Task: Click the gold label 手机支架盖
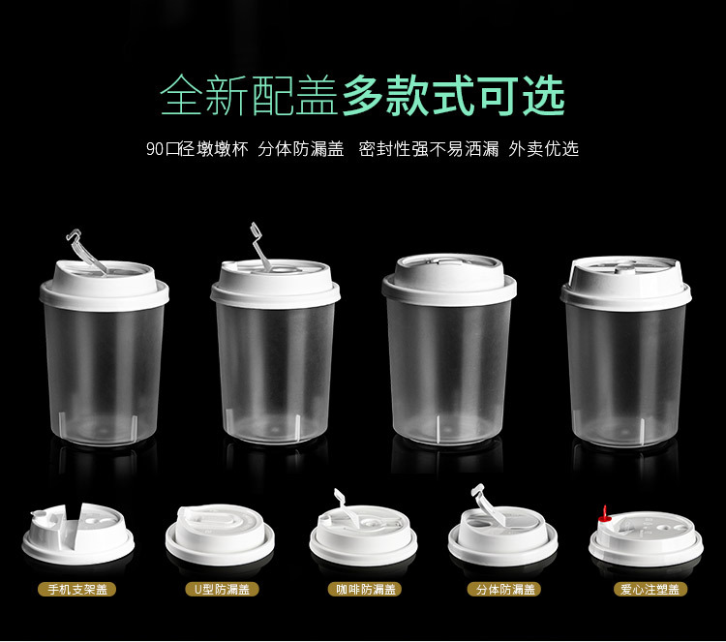point(76,589)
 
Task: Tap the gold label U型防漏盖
point(222,589)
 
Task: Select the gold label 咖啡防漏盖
point(365,589)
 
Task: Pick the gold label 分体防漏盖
point(505,589)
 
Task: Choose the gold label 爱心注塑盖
point(650,589)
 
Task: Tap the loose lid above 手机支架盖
point(77,534)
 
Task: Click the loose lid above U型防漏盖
point(220,535)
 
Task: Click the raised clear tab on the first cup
point(86,252)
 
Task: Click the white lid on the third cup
point(449,279)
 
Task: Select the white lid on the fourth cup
point(626,284)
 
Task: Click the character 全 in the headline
point(182,96)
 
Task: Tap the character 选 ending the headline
point(544,96)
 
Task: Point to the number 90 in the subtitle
point(155,149)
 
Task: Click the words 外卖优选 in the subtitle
point(544,149)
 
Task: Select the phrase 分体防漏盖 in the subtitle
point(301,149)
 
